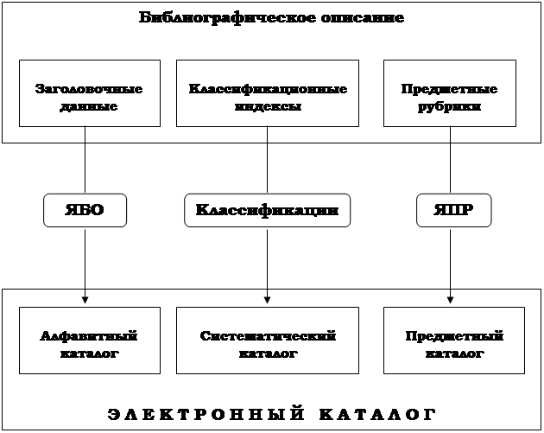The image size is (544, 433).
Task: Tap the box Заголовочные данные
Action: coord(89,93)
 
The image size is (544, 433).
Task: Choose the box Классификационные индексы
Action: coord(267,93)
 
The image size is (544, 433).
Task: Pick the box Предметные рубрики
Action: coord(449,93)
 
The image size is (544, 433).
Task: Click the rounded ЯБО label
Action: coord(85,210)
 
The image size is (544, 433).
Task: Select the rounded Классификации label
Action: coord(267,210)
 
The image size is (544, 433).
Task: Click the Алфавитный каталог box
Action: coord(89,345)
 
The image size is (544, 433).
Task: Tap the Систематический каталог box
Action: coord(267,345)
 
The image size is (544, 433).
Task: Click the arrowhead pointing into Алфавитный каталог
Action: coord(85,299)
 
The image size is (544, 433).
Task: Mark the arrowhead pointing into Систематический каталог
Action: coord(267,299)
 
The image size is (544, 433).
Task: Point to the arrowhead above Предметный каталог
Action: coord(450,299)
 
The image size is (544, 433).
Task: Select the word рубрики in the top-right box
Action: coord(449,107)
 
